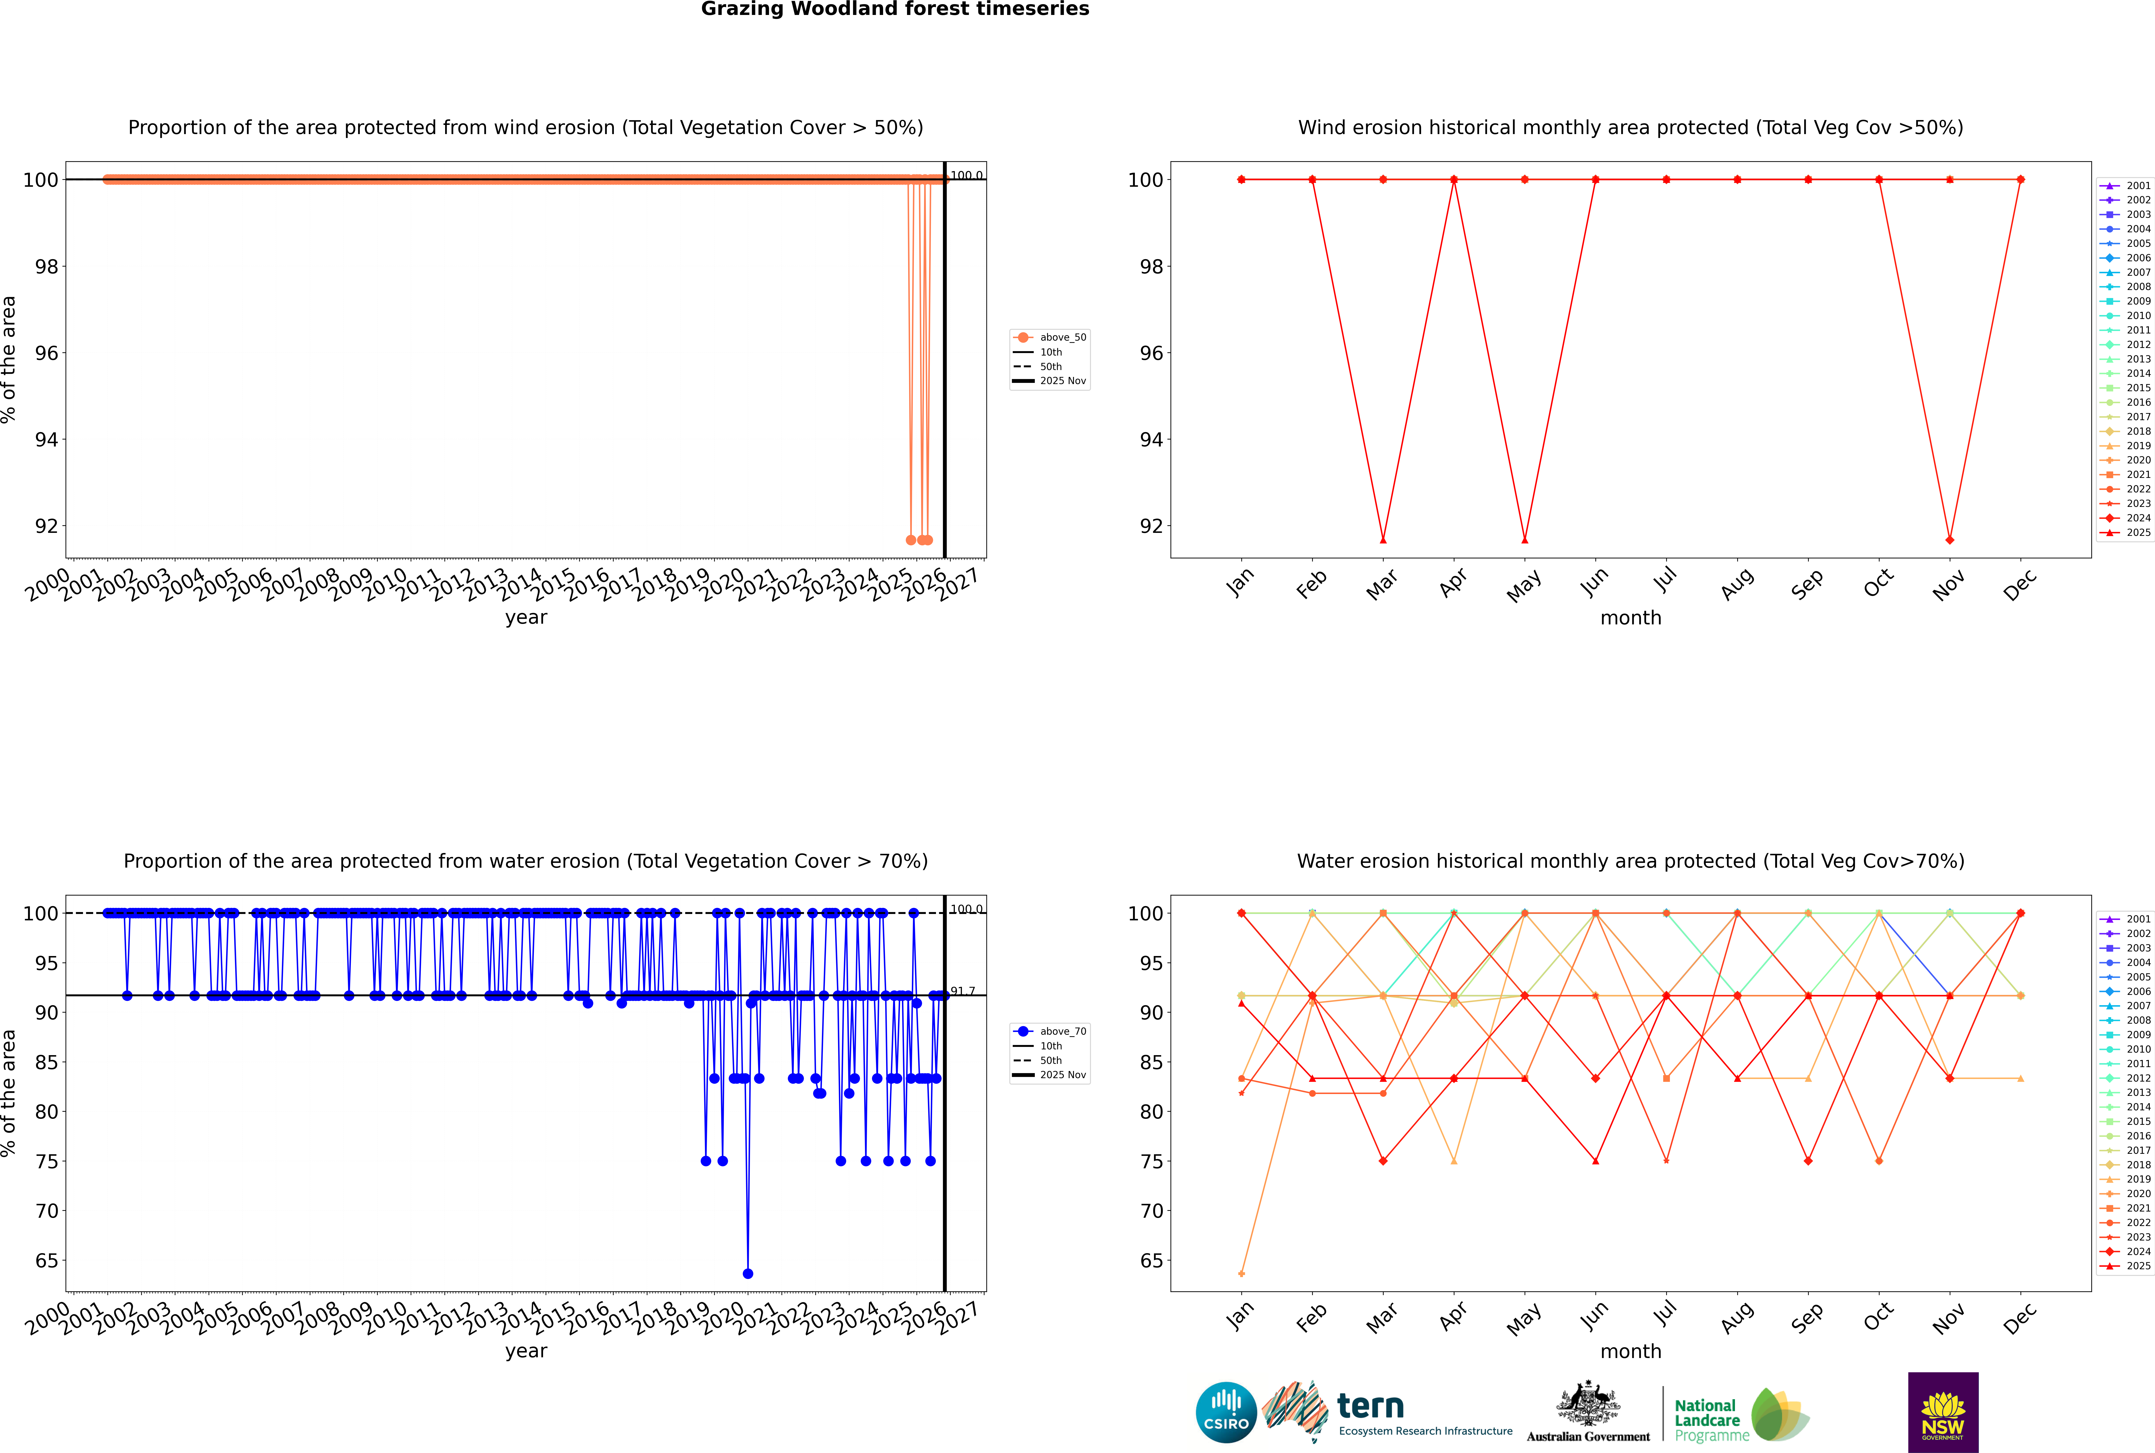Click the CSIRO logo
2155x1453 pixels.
(1226, 1412)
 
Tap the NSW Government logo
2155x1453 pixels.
(1943, 1411)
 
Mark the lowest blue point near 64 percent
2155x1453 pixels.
(748, 1273)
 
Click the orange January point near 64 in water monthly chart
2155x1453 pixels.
(1242, 1273)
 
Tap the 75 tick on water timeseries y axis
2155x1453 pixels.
(46, 1161)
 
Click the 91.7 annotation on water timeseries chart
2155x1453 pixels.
(963, 991)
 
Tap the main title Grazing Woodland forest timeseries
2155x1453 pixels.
(895, 9)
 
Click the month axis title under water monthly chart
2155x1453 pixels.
(1631, 1351)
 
